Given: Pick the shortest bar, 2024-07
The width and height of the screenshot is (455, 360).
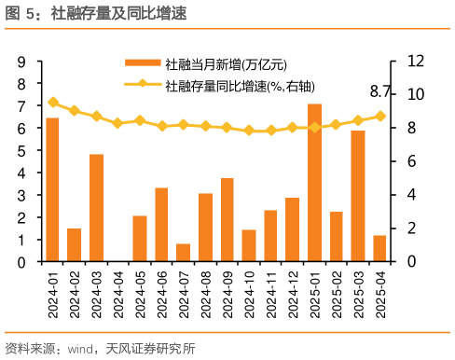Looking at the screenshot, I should pos(183,253).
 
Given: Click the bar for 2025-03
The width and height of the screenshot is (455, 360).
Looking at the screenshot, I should pos(358,197).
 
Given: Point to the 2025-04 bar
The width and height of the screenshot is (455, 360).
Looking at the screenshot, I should pos(379,248).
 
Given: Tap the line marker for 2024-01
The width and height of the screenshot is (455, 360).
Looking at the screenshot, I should pos(52,103).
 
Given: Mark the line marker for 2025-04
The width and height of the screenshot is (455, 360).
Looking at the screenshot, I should pos(379,116).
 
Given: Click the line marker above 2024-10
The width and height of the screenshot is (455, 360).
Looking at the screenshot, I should pos(249,131).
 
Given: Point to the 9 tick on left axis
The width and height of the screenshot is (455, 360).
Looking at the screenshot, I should pos(21,62).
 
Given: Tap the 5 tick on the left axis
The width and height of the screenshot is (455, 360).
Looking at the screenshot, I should pos(21,151).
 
